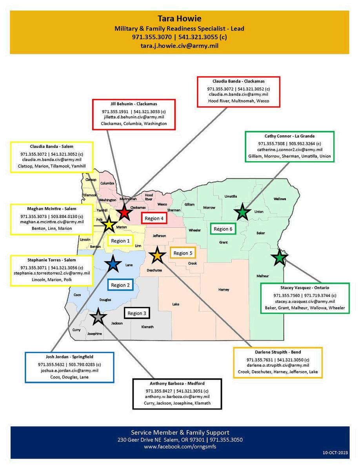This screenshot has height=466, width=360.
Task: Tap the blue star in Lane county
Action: (113, 265)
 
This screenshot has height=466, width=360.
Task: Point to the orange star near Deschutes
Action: (157, 255)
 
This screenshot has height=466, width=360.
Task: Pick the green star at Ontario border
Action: (279, 258)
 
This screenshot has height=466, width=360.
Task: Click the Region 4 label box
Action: (155, 218)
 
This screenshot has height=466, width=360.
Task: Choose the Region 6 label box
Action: (223, 229)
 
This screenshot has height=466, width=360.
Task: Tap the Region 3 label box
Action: (137, 313)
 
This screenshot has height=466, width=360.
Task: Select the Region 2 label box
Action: (120, 285)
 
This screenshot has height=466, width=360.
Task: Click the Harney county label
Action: (224, 289)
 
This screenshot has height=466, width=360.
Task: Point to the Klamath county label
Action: (147, 327)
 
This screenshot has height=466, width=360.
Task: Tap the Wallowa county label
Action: (280, 199)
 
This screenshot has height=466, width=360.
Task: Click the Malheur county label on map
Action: (262, 276)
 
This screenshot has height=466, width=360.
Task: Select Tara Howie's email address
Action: (179, 46)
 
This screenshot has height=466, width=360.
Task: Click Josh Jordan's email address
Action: (69, 370)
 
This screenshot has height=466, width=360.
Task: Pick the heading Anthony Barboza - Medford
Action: (177, 383)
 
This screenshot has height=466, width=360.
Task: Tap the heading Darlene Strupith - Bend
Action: (278, 352)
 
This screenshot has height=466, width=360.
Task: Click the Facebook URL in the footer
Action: (180, 446)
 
